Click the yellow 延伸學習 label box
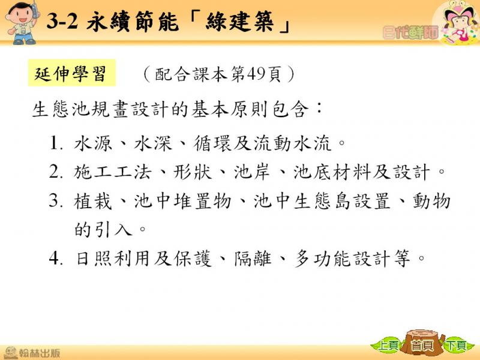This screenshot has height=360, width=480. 72,73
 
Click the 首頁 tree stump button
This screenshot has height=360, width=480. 423,343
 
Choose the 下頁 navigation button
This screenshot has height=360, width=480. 457,346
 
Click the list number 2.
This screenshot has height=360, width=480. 56,172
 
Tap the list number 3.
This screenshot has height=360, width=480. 56,201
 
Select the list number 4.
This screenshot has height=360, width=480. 56,259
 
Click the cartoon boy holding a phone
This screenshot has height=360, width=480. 23,23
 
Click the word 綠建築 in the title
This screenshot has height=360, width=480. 239,22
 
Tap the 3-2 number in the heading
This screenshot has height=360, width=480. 62,22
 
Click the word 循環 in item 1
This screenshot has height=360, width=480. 213,143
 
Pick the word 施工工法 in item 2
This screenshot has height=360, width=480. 113,172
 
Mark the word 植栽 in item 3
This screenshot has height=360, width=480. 93,201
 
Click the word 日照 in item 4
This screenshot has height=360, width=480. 93,259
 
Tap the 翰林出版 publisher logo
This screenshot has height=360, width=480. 32,353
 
